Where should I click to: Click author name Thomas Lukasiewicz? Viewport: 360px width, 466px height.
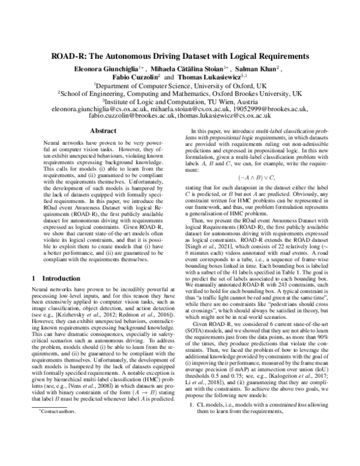(x=206, y=77)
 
